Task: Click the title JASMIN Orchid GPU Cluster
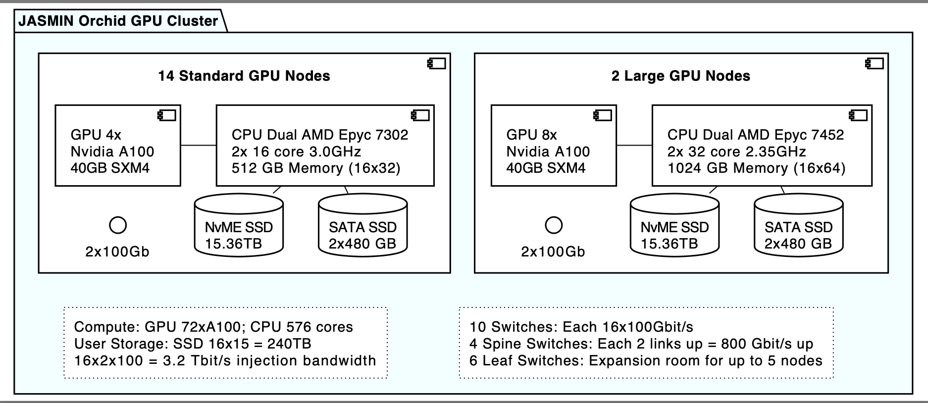pyautogui.click(x=118, y=21)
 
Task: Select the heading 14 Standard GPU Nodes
pyautogui.click(x=244, y=76)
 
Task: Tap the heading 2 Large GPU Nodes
pyautogui.click(x=680, y=76)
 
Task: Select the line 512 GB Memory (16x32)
pyautogui.click(x=315, y=168)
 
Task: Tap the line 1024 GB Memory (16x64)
pyautogui.click(x=756, y=168)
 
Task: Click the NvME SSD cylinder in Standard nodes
pyautogui.click(x=239, y=228)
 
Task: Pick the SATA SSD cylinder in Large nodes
pyautogui.click(x=798, y=228)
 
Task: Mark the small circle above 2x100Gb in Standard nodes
pyautogui.click(x=117, y=225)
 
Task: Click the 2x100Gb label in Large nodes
pyautogui.click(x=553, y=252)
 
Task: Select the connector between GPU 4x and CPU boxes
pyautogui.click(x=198, y=145)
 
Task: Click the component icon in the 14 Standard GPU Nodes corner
pyautogui.click(x=436, y=63)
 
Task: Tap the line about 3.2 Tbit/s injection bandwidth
pyautogui.click(x=225, y=360)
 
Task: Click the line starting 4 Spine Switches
pyautogui.click(x=641, y=344)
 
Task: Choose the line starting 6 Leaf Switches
pyautogui.click(x=645, y=360)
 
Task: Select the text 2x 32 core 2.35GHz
pyautogui.click(x=736, y=151)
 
